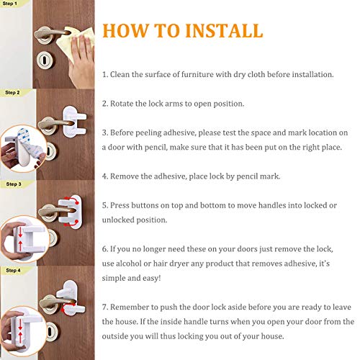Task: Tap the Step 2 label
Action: click(13, 93)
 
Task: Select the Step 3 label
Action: click(13, 184)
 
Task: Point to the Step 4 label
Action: click(13, 270)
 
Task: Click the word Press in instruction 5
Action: click(123, 205)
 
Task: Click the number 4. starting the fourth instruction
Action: click(105, 176)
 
